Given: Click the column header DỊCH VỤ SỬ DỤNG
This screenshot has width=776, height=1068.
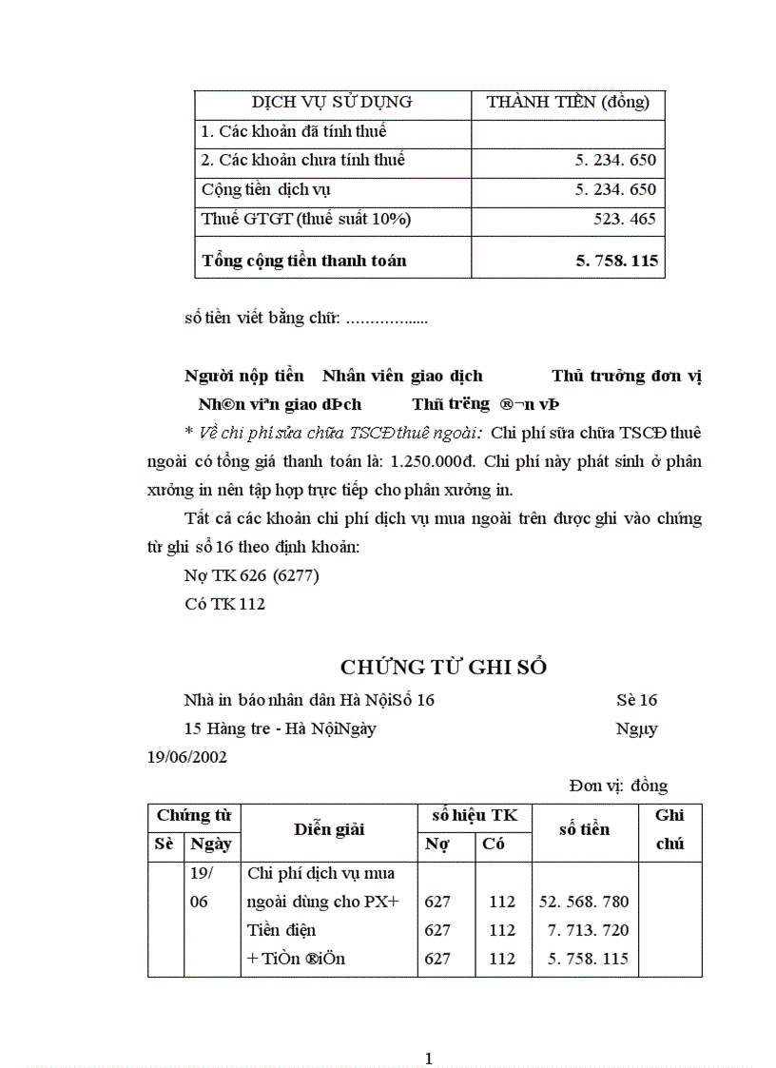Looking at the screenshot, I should [x=332, y=103].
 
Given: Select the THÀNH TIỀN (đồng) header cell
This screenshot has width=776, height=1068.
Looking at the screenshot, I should [x=568, y=103].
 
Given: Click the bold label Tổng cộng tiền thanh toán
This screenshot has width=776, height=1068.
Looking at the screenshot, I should [x=304, y=260].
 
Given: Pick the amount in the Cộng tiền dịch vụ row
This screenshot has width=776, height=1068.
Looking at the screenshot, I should [x=615, y=189].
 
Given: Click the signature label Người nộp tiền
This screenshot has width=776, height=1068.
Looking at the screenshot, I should [x=243, y=376].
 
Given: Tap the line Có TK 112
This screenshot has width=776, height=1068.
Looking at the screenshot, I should [x=224, y=604].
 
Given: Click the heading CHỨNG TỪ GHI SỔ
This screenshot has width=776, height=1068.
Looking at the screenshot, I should [x=443, y=668].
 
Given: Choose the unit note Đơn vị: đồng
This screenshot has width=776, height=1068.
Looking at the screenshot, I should [x=618, y=786].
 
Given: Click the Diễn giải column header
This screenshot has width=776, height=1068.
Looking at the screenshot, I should [x=329, y=829].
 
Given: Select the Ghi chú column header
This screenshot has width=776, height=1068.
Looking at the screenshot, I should [x=669, y=829].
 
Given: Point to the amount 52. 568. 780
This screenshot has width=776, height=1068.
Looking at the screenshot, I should [x=584, y=902].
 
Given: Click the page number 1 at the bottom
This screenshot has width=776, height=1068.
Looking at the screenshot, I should [x=429, y=1058].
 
